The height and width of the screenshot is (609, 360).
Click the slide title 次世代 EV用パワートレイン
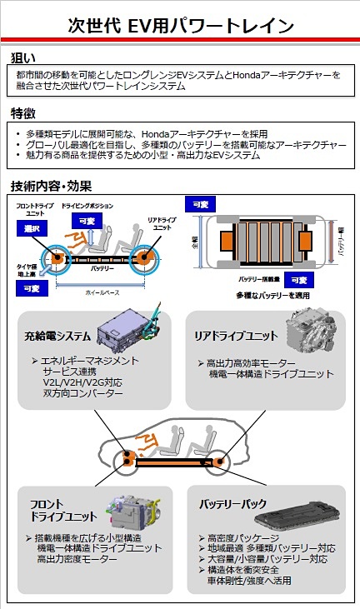(x=180, y=24)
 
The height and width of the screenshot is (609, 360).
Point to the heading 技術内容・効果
(x=51, y=185)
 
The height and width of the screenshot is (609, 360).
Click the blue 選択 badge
(x=32, y=228)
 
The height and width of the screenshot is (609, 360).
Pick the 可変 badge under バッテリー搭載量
(x=297, y=280)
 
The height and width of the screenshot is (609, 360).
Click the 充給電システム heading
(x=57, y=337)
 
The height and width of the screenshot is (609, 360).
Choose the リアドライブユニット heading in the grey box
(x=237, y=337)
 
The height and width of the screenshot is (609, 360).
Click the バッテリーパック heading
(x=232, y=505)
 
